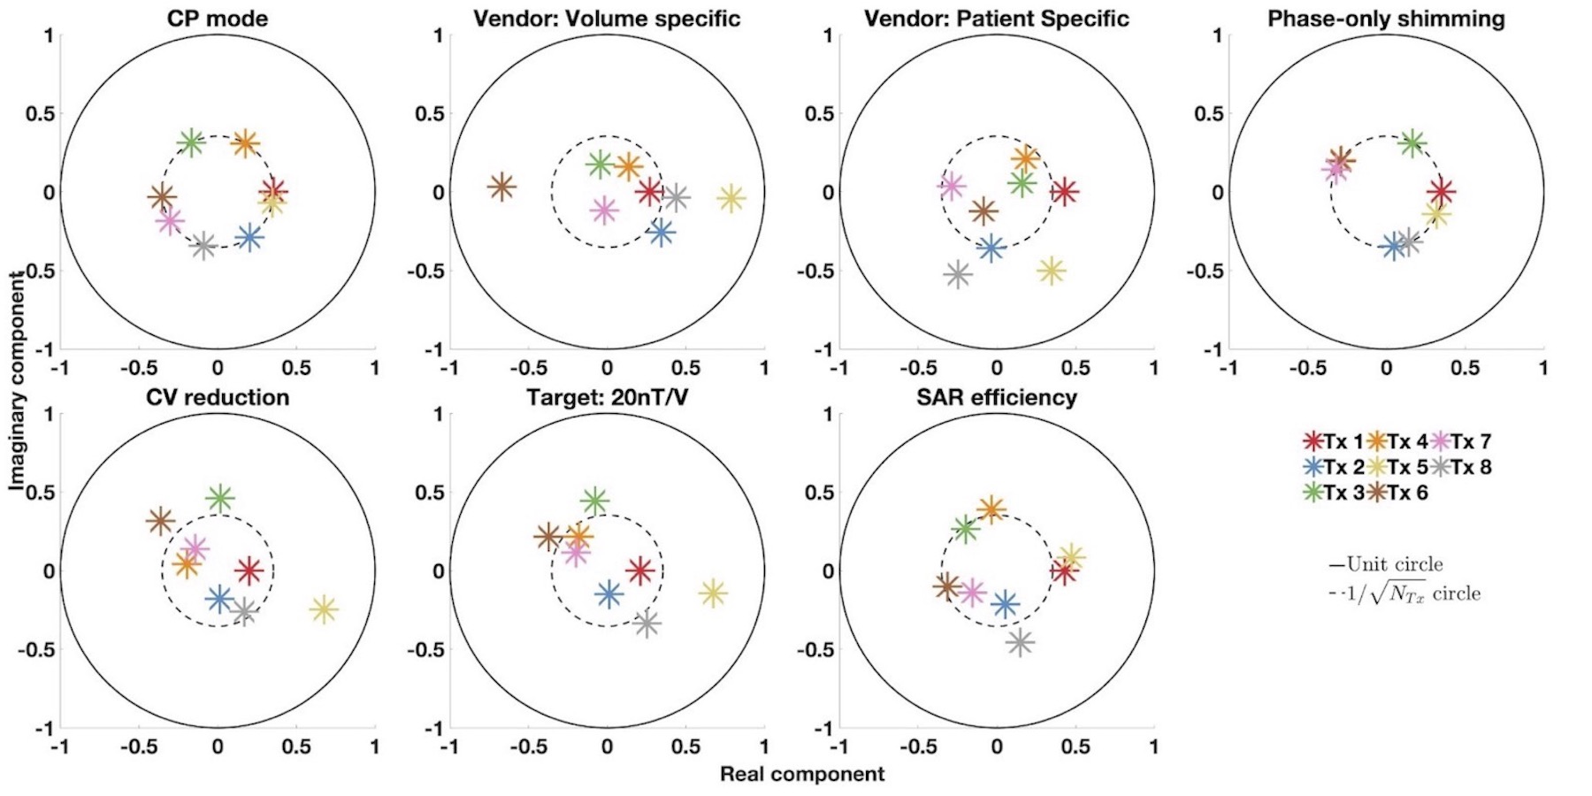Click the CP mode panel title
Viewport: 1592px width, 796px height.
click(x=218, y=19)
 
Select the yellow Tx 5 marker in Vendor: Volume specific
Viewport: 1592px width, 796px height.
click(x=731, y=198)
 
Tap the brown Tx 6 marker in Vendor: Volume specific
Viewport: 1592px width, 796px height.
click(x=501, y=187)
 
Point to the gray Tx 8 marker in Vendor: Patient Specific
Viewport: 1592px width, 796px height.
click(x=957, y=274)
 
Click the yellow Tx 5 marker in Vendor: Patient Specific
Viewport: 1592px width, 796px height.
click(x=1051, y=271)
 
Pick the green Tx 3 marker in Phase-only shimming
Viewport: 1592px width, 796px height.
click(x=1412, y=142)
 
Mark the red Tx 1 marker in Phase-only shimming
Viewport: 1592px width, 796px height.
click(x=1441, y=191)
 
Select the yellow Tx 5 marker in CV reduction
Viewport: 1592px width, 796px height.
click(x=324, y=608)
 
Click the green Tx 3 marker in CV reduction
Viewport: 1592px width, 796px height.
click(x=219, y=498)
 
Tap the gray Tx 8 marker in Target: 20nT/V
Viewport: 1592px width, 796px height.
click(x=647, y=623)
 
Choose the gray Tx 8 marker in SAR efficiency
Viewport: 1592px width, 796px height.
click(x=1020, y=642)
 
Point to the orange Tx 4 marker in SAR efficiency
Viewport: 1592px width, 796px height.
click(x=991, y=509)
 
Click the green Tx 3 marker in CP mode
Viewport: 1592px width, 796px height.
click(x=191, y=142)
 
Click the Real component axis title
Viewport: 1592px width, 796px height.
click(x=801, y=775)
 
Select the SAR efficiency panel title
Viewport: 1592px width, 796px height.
click(x=997, y=397)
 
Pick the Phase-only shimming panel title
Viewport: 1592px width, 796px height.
click(x=1386, y=19)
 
